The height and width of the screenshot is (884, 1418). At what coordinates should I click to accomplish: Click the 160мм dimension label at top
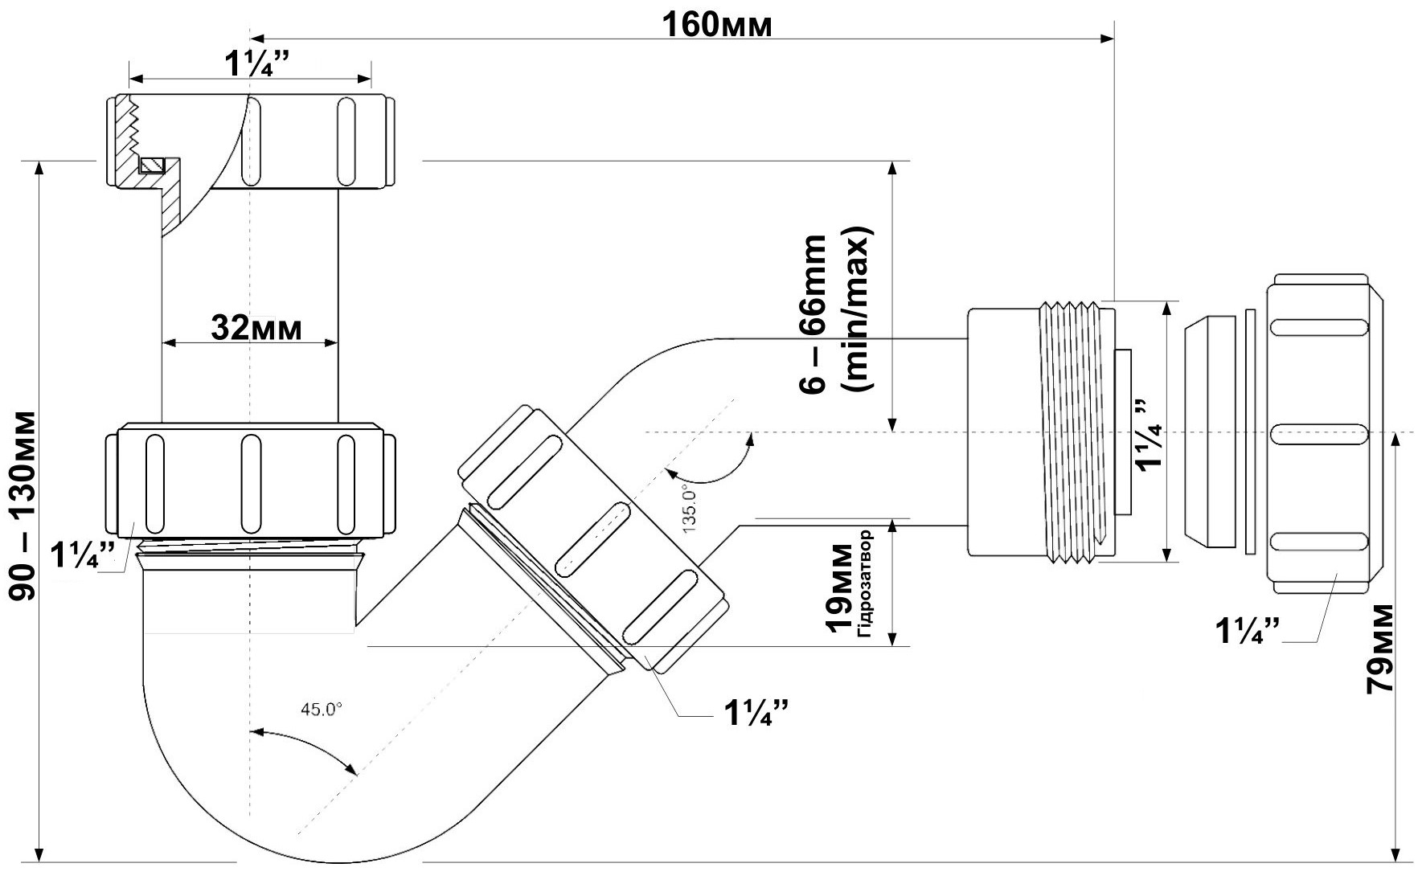[x=716, y=25]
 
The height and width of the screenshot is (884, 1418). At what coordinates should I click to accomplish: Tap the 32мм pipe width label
[x=256, y=327]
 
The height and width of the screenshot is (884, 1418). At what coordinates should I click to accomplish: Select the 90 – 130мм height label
[x=24, y=506]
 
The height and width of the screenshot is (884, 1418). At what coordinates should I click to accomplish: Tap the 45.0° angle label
[x=321, y=709]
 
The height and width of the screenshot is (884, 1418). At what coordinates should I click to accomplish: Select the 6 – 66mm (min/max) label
[x=836, y=313]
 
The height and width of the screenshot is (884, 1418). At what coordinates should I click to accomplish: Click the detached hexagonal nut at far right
[x=1322, y=434]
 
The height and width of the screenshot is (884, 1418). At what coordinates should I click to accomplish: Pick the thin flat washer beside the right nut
[x=1249, y=432]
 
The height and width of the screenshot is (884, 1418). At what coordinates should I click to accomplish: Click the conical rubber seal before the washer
[x=1209, y=432]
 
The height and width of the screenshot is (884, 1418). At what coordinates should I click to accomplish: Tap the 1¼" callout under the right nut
[x=1247, y=631]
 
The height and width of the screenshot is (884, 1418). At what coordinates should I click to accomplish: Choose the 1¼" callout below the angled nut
[x=756, y=712]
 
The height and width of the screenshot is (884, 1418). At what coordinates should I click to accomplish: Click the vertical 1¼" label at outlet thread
[x=1145, y=435]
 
